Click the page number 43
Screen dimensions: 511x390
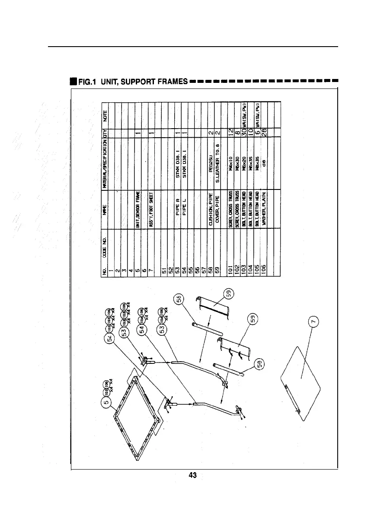193,475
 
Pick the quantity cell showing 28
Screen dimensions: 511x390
264,132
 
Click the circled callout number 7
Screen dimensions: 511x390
315,321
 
